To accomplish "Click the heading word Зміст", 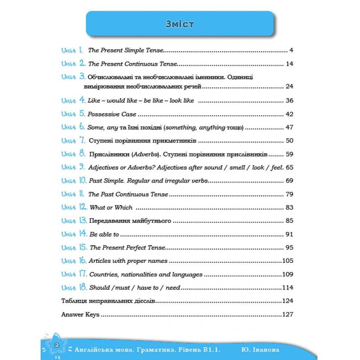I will coord(180,24).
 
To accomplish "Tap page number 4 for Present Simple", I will coord(292,50).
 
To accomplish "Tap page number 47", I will coord(289,128).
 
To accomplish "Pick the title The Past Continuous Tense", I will coord(129,194).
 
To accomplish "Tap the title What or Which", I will coord(111,208).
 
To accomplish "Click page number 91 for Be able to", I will coord(289,234).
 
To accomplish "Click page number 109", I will coord(288,274).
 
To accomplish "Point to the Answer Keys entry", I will coord(80,315).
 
